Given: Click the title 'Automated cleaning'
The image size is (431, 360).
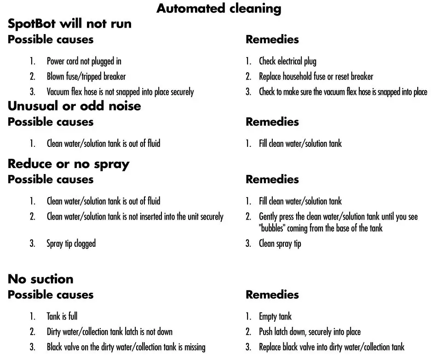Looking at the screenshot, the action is pyautogui.click(x=219, y=9).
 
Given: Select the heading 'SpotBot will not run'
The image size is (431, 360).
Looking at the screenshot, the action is pyautogui.click(x=69, y=23).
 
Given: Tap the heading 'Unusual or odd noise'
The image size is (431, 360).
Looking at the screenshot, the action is pyautogui.click(x=74, y=106).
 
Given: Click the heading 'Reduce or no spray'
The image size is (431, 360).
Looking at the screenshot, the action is pyautogui.click(x=69, y=164).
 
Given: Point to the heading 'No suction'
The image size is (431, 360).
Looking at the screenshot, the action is pyautogui.click(x=40, y=279).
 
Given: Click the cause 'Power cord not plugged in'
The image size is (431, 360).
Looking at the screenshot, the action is pyautogui.click(x=84, y=61).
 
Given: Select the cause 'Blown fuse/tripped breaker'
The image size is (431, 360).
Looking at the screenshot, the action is pyautogui.click(x=86, y=76).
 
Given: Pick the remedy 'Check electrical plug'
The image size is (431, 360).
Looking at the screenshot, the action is pyautogui.click(x=287, y=61).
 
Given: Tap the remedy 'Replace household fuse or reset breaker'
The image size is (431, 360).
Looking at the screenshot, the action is pyautogui.click(x=316, y=76).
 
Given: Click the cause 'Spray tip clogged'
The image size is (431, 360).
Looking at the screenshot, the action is pyautogui.click(x=71, y=244).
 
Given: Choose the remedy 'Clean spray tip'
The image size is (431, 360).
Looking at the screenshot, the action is pyautogui.click(x=280, y=244).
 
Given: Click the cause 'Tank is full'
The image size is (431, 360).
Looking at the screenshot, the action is pyautogui.click(x=62, y=316).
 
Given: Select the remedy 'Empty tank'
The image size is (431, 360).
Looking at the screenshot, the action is pyautogui.click(x=275, y=317).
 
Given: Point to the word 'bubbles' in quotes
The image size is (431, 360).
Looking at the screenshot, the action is pyautogui.click(x=272, y=228).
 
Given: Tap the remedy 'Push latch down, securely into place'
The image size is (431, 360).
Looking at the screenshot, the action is pyautogui.click(x=310, y=332).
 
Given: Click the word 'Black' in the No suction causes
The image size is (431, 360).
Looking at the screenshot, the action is pyautogui.click(x=54, y=347).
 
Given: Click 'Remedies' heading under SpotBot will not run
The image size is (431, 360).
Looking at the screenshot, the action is pyautogui.click(x=272, y=39).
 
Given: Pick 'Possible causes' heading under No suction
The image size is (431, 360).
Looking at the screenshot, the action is pyautogui.click(x=51, y=295).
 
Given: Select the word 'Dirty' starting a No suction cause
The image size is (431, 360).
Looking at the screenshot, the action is pyautogui.click(x=54, y=332).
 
